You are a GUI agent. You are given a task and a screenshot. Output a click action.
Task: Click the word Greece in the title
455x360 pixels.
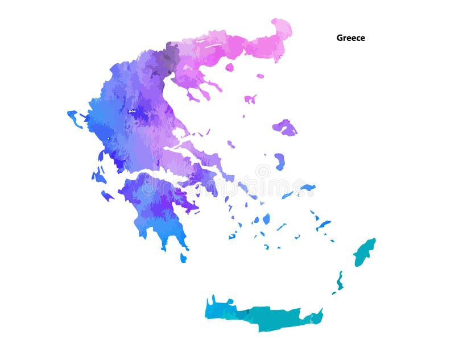(x=350, y=38)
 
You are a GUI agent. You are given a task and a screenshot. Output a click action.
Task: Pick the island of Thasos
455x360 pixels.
(x=229, y=67)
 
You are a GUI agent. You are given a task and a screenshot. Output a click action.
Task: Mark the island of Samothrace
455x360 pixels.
(x=260, y=76)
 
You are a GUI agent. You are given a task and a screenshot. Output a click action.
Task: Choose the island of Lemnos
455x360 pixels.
(x=250, y=99)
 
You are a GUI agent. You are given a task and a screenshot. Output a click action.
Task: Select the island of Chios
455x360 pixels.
(x=279, y=162)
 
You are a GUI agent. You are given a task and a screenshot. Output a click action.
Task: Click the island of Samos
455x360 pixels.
(x=308, y=187)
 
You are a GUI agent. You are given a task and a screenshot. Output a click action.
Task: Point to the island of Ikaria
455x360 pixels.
(x=287, y=195)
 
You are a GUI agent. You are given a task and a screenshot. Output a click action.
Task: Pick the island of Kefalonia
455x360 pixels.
(x=98, y=176)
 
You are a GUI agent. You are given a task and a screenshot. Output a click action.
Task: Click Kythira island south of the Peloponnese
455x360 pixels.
(x=183, y=258)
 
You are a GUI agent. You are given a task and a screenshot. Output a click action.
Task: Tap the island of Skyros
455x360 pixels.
(x=231, y=144)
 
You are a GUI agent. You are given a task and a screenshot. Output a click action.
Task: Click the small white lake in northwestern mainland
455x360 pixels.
(x=132, y=111)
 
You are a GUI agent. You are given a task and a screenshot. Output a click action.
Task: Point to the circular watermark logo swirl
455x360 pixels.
(x=263, y=171)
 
